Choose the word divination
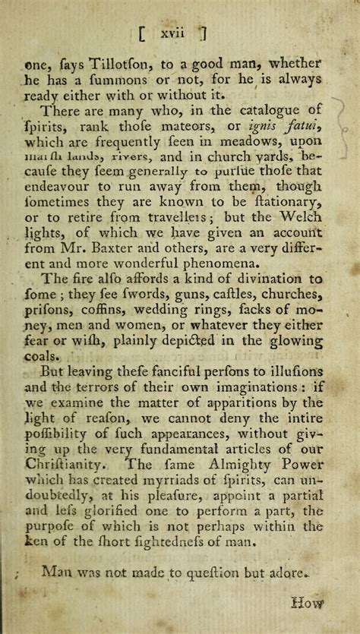[x=261, y=279]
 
